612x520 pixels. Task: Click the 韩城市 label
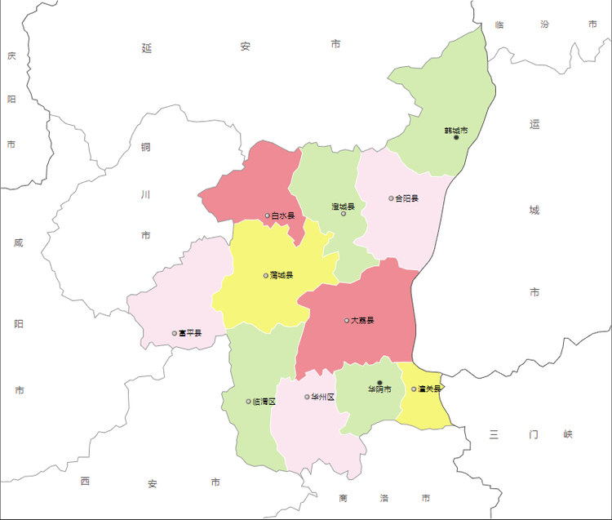coord(456,131)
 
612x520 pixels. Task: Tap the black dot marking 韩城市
coord(456,138)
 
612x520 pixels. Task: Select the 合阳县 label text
coord(406,198)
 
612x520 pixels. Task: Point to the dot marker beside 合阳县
coord(391,198)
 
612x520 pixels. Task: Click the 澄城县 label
coord(344,207)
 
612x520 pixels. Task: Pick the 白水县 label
coord(283,216)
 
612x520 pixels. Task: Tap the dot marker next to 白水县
coord(267,216)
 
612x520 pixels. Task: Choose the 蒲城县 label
coord(282,276)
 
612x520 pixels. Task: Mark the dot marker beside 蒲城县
coord(266,276)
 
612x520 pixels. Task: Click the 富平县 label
coord(190,333)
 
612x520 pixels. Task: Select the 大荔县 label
coord(362,321)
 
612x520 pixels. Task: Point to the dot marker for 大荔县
coord(347,321)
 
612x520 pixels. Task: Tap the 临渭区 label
coord(264,402)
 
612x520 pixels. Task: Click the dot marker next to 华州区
coord(308,398)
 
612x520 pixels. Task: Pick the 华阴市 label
coord(379,389)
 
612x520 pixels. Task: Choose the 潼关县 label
coord(430,389)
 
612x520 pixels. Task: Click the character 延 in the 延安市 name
coord(147,48)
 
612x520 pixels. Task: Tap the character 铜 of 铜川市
coord(145,148)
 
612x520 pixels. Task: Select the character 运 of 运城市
coord(534,125)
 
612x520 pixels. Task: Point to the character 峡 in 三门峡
coord(568,434)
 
